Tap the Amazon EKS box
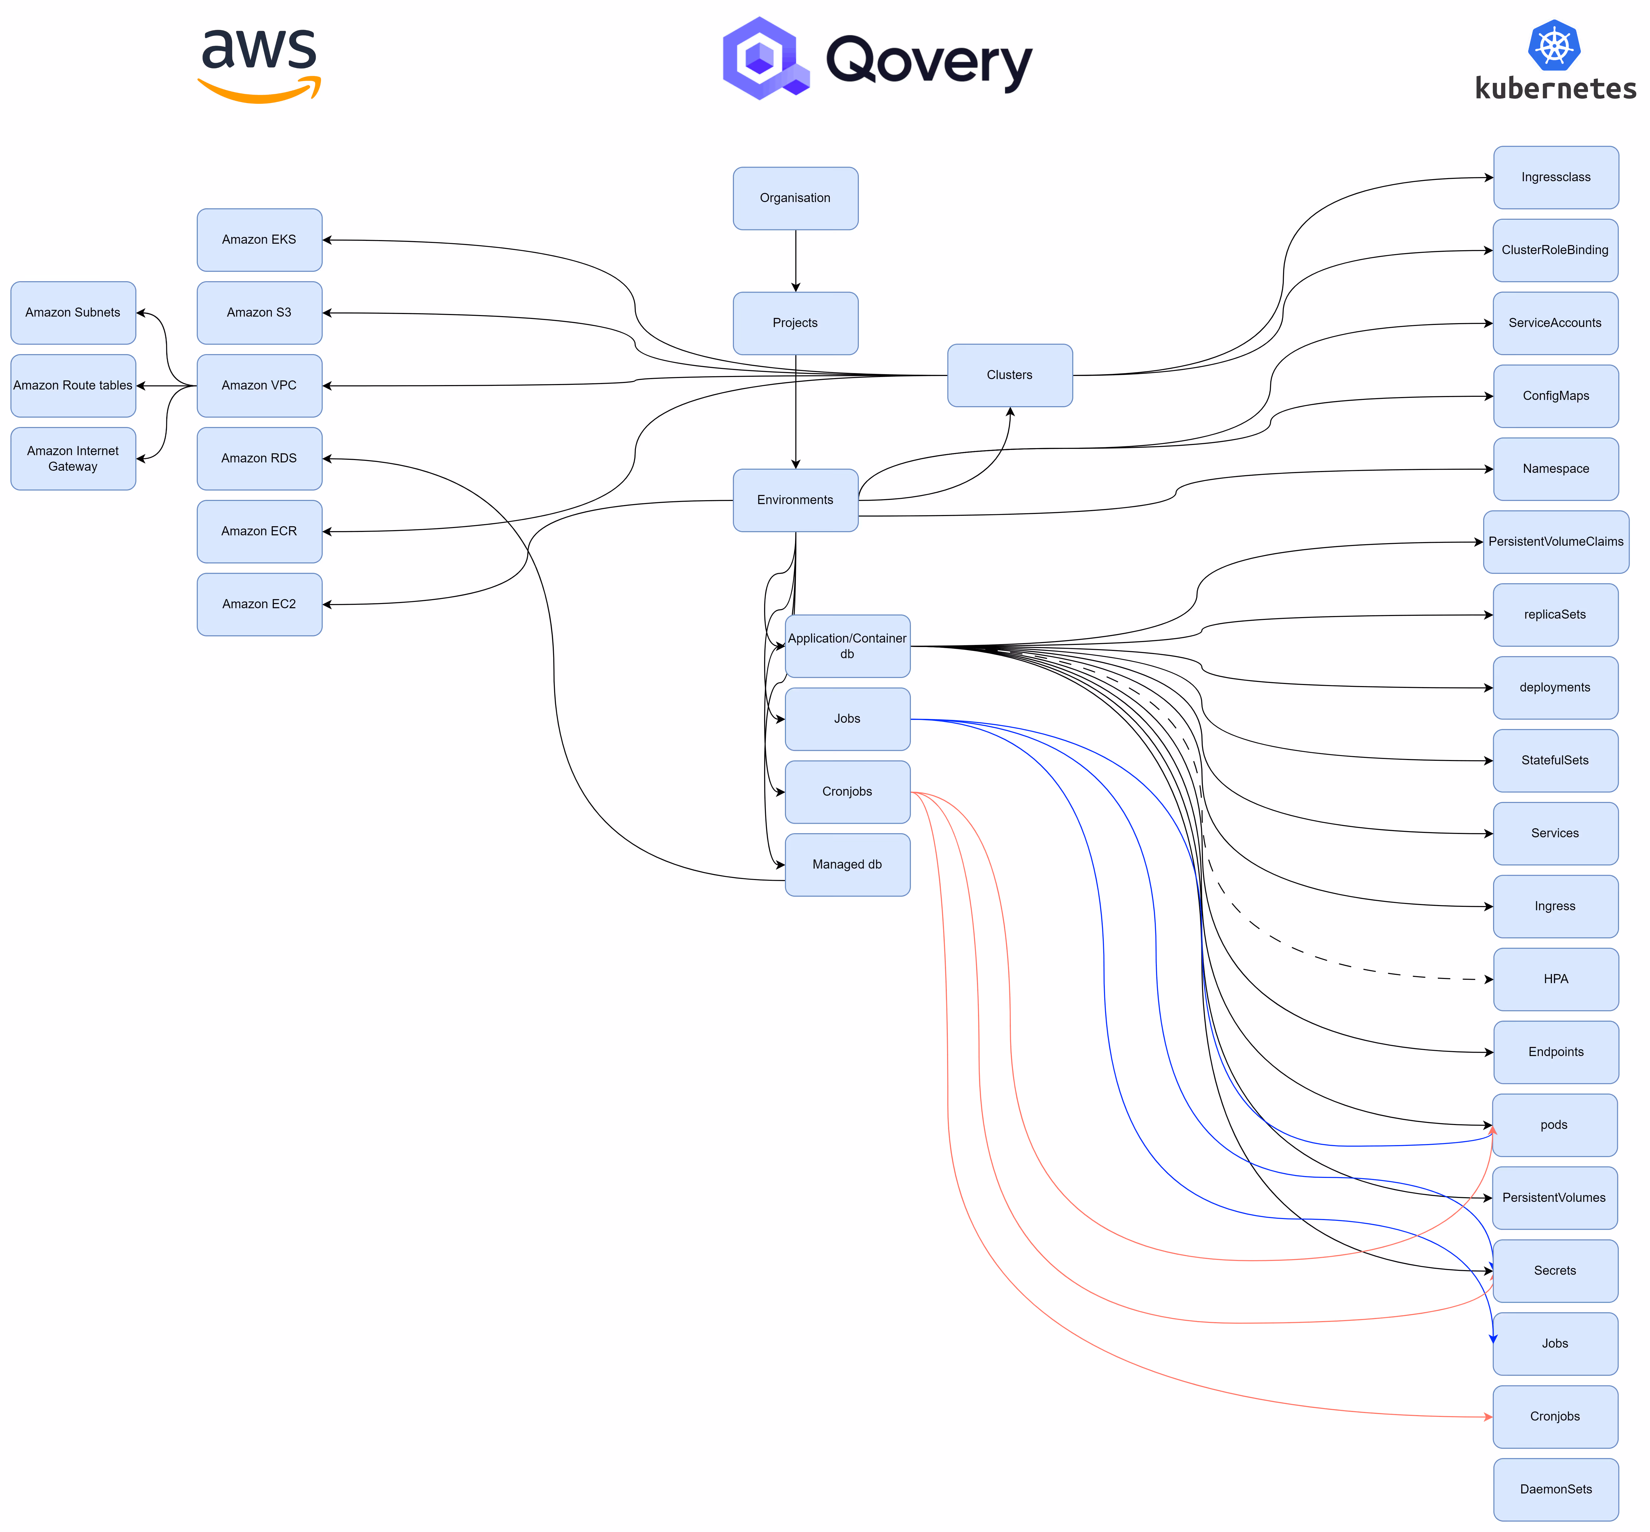pos(259,240)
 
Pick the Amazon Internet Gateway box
pos(73,459)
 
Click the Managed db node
pos(847,865)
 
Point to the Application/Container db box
pos(847,646)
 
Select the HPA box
pos(1556,979)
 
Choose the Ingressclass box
pos(1556,177)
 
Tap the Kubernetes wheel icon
pos(1554,46)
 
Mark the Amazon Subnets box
pos(73,312)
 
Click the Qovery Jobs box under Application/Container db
pos(847,719)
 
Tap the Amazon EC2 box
pos(259,604)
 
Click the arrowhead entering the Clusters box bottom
pos(1010,412)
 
